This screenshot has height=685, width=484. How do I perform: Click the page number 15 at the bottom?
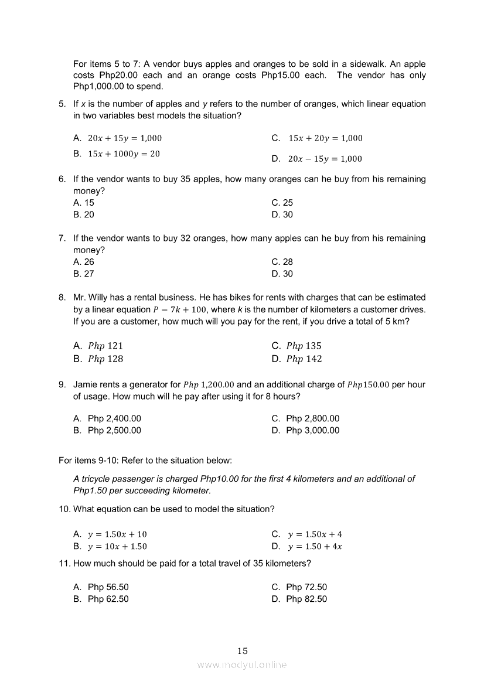(x=243, y=651)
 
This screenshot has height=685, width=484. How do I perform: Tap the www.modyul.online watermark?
(x=242, y=664)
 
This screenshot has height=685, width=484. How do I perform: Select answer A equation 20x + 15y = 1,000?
(x=124, y=138)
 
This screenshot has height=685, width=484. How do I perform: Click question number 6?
(x=62, y=179)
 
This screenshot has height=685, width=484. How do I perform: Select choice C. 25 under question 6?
(x=282, y=203)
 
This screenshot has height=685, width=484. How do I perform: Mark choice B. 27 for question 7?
(x=84, y=274)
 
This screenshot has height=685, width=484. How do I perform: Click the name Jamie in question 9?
(x=86, y=385)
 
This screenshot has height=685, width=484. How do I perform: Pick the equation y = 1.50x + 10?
(x=117, y=534)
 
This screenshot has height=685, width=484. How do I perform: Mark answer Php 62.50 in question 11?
(x=108, y=599)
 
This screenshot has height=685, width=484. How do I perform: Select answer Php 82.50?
(x=306, y=599)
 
